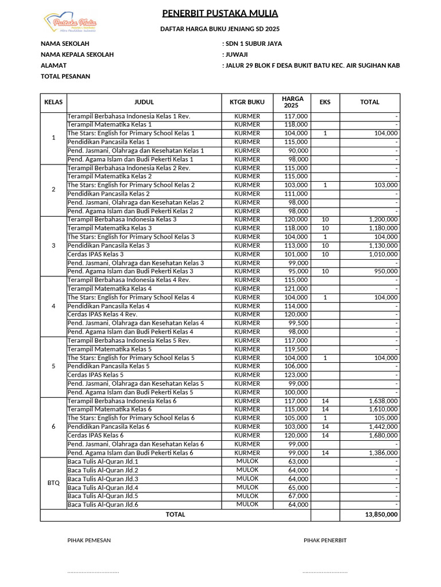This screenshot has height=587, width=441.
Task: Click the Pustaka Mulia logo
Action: click(x=71, y=23)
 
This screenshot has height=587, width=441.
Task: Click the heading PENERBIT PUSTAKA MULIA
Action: click(x=220, y=13)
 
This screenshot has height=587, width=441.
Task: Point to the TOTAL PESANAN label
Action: click(x=65, y=76)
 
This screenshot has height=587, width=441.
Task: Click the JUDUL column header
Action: click(x=144, y=102)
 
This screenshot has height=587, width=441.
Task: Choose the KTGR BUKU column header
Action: click(x=247, y=102)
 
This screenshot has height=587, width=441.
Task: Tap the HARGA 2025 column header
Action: click(x=293, y=102)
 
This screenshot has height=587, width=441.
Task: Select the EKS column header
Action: click(x=325, y=102)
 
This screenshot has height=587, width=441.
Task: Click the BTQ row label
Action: click(x=53, y=483)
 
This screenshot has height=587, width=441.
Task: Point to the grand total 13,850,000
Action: click(x=381, y=515)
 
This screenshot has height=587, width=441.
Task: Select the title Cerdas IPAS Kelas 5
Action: click(x=95, y=375)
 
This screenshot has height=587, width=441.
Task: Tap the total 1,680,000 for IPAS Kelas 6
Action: click(x=383, y=436)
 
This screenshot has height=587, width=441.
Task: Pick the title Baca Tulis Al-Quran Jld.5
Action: click(x=103, y=496)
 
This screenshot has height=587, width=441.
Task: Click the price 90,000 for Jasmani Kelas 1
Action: click(x=298, y=151)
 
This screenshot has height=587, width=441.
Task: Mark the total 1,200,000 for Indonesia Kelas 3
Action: click(x=383, y=220)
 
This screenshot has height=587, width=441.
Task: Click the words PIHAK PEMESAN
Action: click(x=89, y=541)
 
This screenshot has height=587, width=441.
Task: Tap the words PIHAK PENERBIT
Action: click(x=325, y=541)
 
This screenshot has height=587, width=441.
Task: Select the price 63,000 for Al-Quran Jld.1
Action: click(x=298, y=461)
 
